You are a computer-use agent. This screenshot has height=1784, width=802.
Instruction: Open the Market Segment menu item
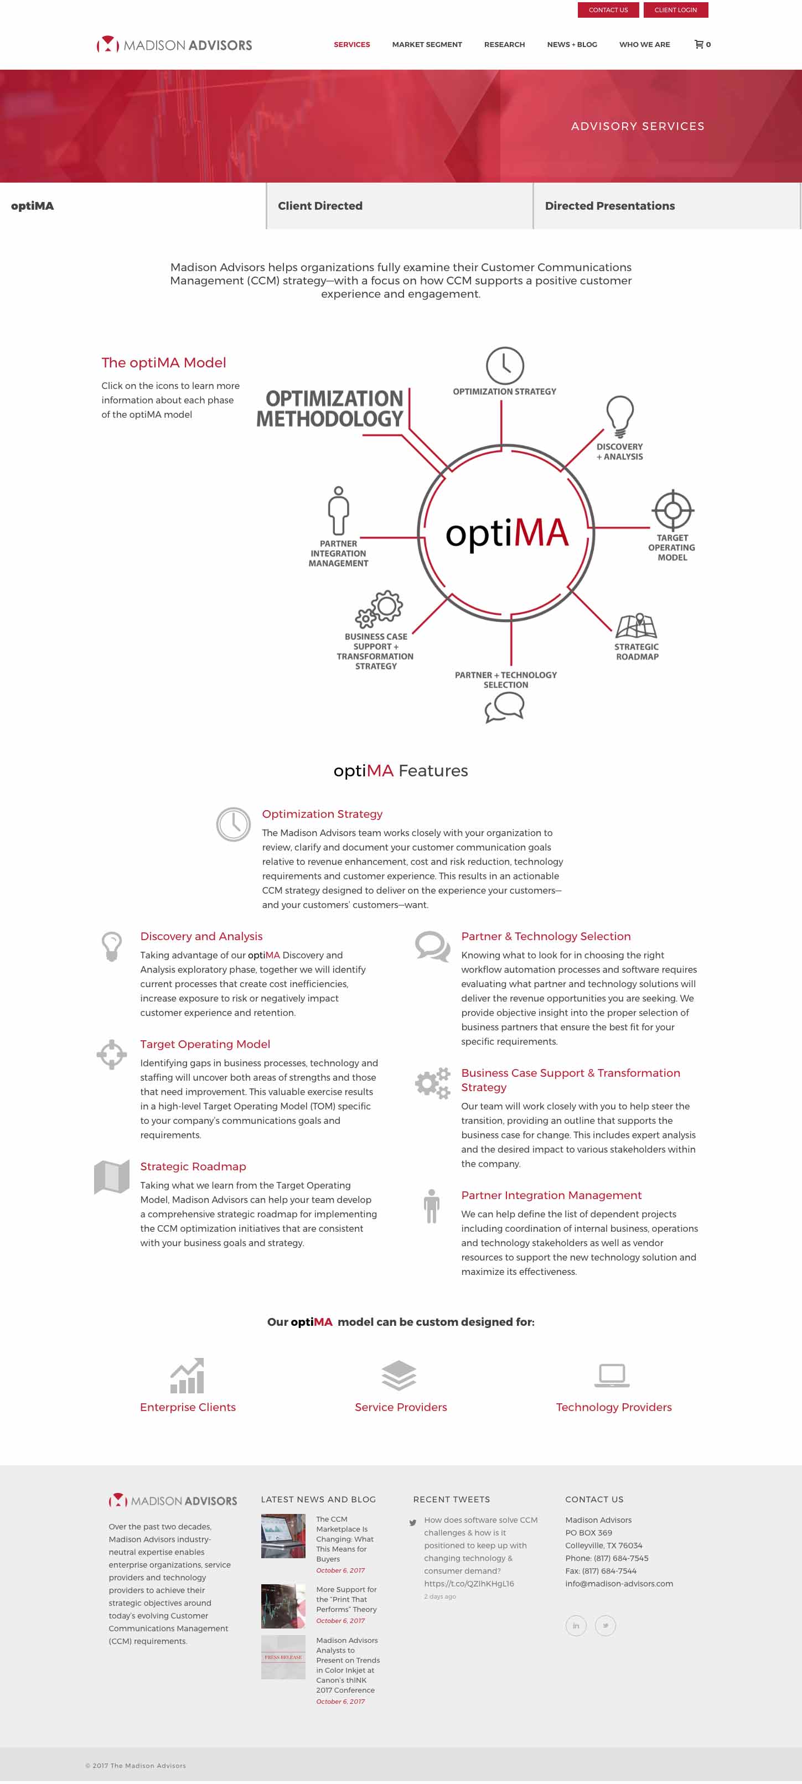[427, 44]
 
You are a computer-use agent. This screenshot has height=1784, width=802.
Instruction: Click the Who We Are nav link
[644, 44]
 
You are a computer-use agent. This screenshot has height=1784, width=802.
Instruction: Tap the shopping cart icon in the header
[700, 44]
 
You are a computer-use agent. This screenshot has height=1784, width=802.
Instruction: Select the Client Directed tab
[320, 206]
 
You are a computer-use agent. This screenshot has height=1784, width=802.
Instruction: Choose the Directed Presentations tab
[609, 206]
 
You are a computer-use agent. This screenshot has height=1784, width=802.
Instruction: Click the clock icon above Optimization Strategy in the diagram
[504, 366]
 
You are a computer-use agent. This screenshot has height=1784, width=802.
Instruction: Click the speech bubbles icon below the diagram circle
[504, 707]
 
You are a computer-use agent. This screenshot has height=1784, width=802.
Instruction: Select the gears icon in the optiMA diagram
[380, 609]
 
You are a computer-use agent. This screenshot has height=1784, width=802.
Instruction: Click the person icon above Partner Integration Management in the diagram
[338, 510]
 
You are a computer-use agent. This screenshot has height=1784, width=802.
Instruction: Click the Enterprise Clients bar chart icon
[188, 1376]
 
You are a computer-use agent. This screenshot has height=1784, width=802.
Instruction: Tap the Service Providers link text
[400, 1407]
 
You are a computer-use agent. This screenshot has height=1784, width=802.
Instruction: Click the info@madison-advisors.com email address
[618, 1583]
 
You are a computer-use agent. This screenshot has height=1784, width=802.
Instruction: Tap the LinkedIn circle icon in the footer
[576, 1625]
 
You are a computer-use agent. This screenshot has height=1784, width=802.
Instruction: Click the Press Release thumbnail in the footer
[283, 1657]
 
